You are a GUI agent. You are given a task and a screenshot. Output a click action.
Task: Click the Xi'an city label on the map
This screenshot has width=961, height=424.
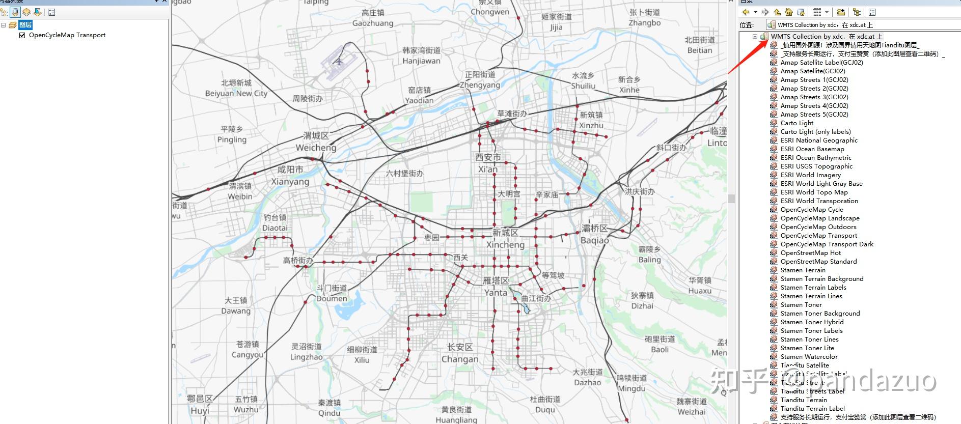pyautogui.click(x=488, y=163)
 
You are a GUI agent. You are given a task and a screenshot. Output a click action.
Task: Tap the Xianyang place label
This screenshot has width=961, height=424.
pyautogui.click(x=290, y=176)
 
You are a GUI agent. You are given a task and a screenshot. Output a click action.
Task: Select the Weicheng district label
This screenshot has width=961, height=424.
pyautogui.click(x=316, y=142)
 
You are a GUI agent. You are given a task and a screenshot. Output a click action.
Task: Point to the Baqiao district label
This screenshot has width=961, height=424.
pyautogui.click(x=594, y=234)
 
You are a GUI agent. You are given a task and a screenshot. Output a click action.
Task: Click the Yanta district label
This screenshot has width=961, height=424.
pyautogui.click(x=496, y=287)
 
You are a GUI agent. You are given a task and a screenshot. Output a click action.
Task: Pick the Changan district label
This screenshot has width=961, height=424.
pyautogui.click(x=460, y=353)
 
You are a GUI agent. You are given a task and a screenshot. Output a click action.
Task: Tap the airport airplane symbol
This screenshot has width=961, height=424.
pyautogui.click(x=339, y=62)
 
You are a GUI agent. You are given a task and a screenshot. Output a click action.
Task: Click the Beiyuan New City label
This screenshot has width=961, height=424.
pyautogui.click(x=236, y=88)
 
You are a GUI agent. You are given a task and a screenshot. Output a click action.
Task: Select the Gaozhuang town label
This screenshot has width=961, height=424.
pyautogui.click(x=373, y=18)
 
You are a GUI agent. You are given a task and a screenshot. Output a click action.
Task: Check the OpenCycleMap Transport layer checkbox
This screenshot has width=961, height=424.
pyautogui.click(x=22, y=35)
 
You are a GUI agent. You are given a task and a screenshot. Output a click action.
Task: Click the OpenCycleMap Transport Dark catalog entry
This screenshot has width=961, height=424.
pyautogui.click(x=827, y=244)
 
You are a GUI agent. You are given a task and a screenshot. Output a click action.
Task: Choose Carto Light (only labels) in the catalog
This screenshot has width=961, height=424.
pyautogui.click(x=815, y=132)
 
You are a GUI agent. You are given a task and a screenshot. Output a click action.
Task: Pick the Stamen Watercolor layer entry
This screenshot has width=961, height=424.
pyautogui.click(x=809, y=357)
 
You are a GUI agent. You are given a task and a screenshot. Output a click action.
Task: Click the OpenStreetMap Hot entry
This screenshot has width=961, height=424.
pyautogui.click(x=810, y=253)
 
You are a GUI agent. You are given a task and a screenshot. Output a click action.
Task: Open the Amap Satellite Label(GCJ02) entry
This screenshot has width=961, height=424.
pyautogui.click(x=821, y=63)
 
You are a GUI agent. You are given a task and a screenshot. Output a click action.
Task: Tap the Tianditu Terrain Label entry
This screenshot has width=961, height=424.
pyautogui.click(x=812, y=409)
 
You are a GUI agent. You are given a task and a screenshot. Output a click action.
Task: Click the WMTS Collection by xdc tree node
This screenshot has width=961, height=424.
pyautogui.click(x=826, y=37)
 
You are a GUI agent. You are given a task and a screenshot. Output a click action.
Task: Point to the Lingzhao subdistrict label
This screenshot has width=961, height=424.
pyautogui.click(x=306, y=352)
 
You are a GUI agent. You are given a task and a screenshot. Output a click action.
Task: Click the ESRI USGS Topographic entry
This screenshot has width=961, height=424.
pyautogui.click(x=816, y=166)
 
